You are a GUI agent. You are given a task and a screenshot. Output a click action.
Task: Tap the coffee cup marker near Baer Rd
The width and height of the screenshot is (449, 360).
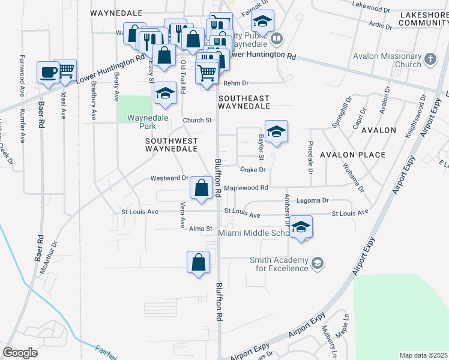[48, 73]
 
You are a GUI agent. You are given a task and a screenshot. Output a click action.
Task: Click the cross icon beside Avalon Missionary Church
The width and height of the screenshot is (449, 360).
[430, 59]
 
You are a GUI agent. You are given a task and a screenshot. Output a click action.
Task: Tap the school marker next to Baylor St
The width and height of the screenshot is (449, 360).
[276, 131]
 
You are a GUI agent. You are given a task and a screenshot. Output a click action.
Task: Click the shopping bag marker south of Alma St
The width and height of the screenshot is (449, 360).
[198, 262]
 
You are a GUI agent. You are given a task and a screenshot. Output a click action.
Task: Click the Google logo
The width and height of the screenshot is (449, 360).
[20, 353]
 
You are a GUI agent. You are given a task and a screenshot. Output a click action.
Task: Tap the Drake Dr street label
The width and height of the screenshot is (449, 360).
[253, 170]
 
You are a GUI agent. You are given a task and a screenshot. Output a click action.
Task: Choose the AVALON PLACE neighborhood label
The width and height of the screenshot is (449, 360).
[352, 155]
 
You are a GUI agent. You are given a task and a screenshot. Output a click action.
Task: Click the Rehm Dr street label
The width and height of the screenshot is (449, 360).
[237, 84]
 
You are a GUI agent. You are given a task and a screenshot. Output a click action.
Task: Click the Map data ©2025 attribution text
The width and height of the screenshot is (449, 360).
[423, 355]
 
